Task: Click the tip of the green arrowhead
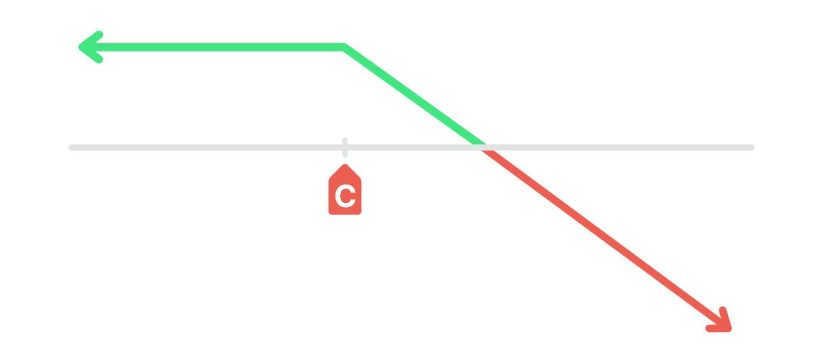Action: [x=80, y=47]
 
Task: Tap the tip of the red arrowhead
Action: [x=730, y=330]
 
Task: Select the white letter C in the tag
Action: [x=346, y=196]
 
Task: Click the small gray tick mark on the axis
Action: [x=344, y=147]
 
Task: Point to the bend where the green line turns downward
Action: [x=344, y=47]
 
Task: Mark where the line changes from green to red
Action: [x=484, y=147]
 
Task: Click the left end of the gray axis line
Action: [x=71, y=147]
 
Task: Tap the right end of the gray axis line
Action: [x=752, y=147]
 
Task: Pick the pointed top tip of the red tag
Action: [x=345, y=165]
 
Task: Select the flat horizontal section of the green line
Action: [x=212, y=47]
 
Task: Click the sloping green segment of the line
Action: [x=414, y=97]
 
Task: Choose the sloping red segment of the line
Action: [x=606, y=238]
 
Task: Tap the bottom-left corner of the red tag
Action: [x=330, y=213]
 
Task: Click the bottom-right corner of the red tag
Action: [x=361, y=213]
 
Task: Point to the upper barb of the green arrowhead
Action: [x=90, y=39]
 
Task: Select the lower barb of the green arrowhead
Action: [x=90, y=55]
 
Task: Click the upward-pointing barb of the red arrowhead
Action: [x=726, y=318]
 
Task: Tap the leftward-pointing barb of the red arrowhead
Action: [x=718, y=328]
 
